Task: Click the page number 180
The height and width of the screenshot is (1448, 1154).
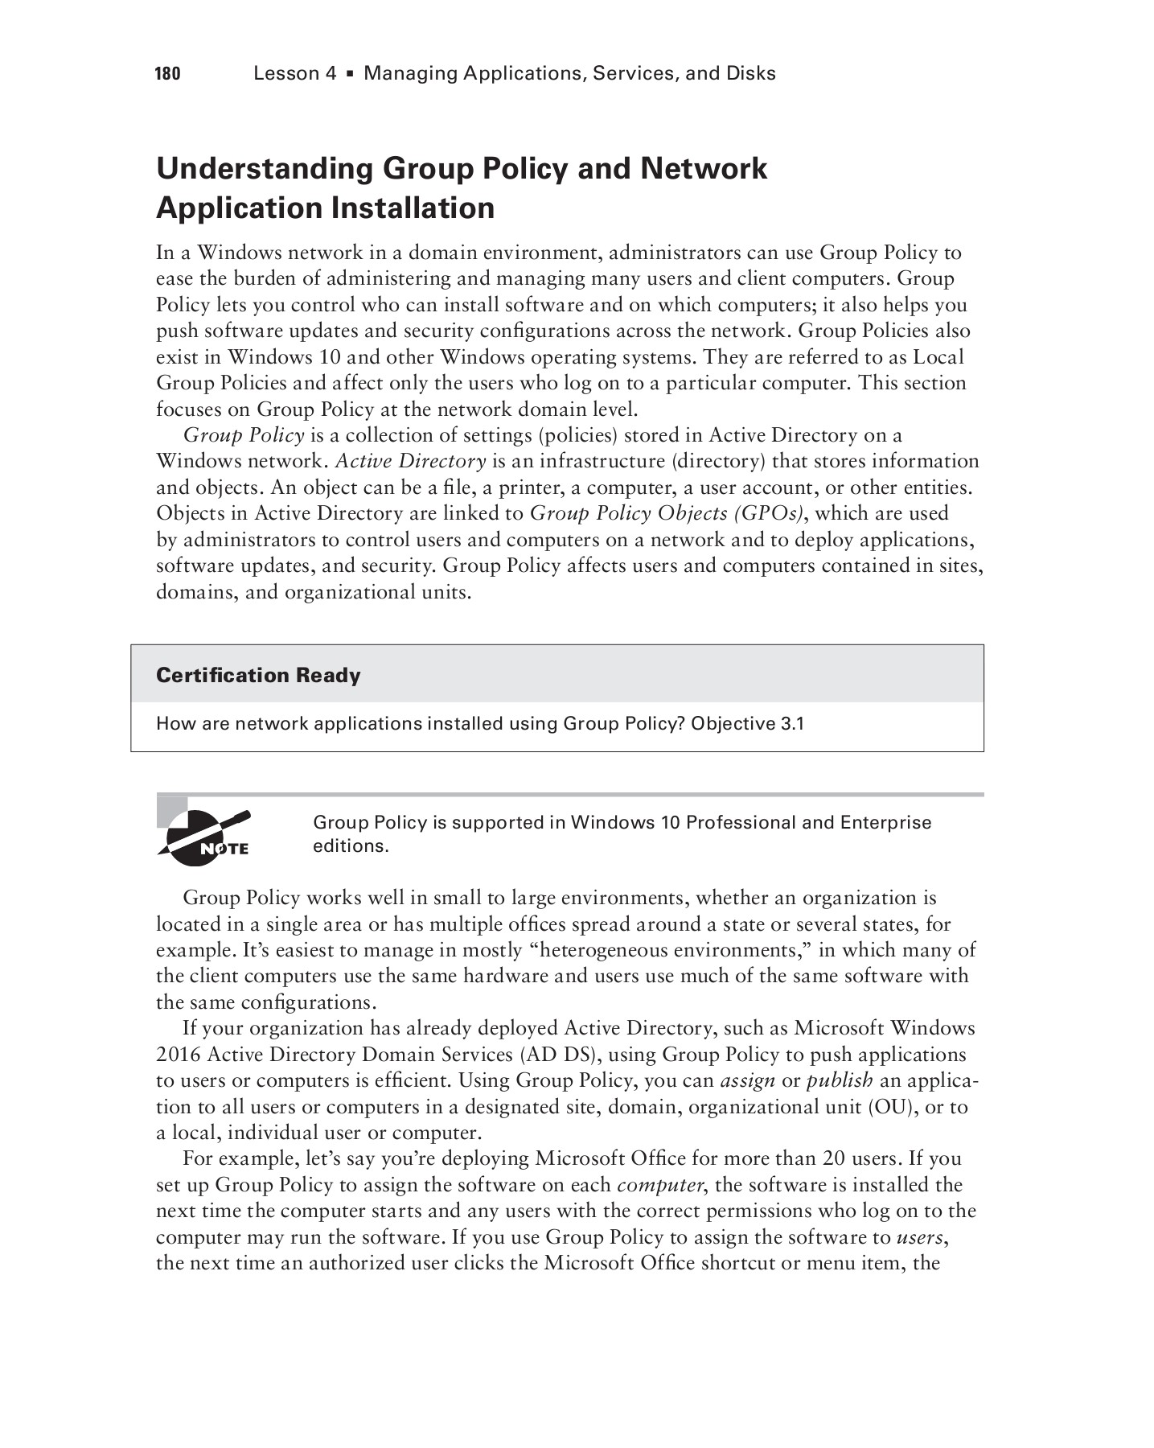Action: (167, 74)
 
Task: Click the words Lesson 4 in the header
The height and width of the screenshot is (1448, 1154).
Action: (294, 74)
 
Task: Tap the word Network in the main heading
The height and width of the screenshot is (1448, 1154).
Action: (703, 169)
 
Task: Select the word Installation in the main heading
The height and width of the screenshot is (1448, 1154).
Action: (413, 208)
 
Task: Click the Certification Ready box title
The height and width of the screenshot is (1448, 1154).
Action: (258, 675)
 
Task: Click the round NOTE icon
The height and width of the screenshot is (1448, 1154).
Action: (204, 839)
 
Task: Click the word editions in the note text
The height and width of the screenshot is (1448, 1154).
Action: (349, 846)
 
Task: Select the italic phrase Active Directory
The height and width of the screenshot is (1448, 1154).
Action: (410, 461)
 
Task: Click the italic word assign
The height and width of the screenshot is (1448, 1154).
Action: (747, 1080)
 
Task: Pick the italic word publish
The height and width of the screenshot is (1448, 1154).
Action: (840, 1080)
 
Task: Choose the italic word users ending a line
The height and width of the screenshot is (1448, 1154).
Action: (918, 1236)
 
